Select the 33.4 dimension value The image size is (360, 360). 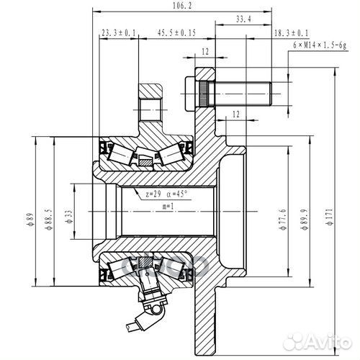243,20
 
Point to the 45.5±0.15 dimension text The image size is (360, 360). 176,34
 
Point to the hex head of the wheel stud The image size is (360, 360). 191,92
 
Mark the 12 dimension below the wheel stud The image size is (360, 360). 235,114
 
